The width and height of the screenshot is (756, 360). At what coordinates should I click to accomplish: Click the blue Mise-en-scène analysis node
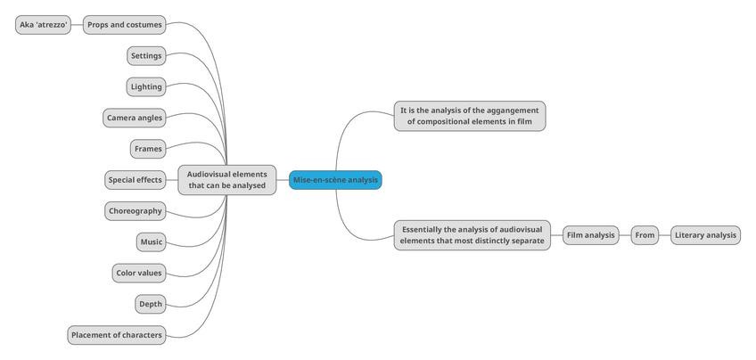pos(335,180)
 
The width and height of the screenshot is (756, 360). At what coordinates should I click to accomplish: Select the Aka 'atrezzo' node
pos(44,25)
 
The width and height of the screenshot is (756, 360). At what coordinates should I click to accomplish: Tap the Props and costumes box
pos(124,25)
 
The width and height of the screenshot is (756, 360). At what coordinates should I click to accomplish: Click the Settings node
pos(146,56)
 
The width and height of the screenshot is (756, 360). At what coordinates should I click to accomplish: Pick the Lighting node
pos(146,86)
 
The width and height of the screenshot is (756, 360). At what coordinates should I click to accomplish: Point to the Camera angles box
pos(135,118)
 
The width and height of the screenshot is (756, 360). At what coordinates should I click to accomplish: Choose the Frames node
pos(148,149)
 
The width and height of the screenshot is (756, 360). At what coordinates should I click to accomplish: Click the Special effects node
pos(136,180)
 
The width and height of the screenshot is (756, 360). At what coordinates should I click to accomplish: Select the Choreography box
pos(135,211)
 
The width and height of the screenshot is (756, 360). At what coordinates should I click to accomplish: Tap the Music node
pos(151,241)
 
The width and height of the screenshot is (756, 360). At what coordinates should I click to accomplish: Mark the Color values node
pos(139,273)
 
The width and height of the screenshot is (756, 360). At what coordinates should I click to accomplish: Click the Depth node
pos(151,304)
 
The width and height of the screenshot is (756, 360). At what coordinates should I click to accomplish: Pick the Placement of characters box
pos(117,335)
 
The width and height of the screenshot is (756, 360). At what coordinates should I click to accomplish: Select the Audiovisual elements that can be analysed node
pos(227,180)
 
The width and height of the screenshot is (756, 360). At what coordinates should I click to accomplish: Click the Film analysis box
pos(590,235)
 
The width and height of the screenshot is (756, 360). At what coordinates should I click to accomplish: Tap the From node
pos(645,235)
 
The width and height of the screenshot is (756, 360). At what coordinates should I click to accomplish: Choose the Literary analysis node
pos(705,235)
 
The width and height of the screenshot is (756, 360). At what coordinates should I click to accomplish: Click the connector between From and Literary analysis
pos(664,235)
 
